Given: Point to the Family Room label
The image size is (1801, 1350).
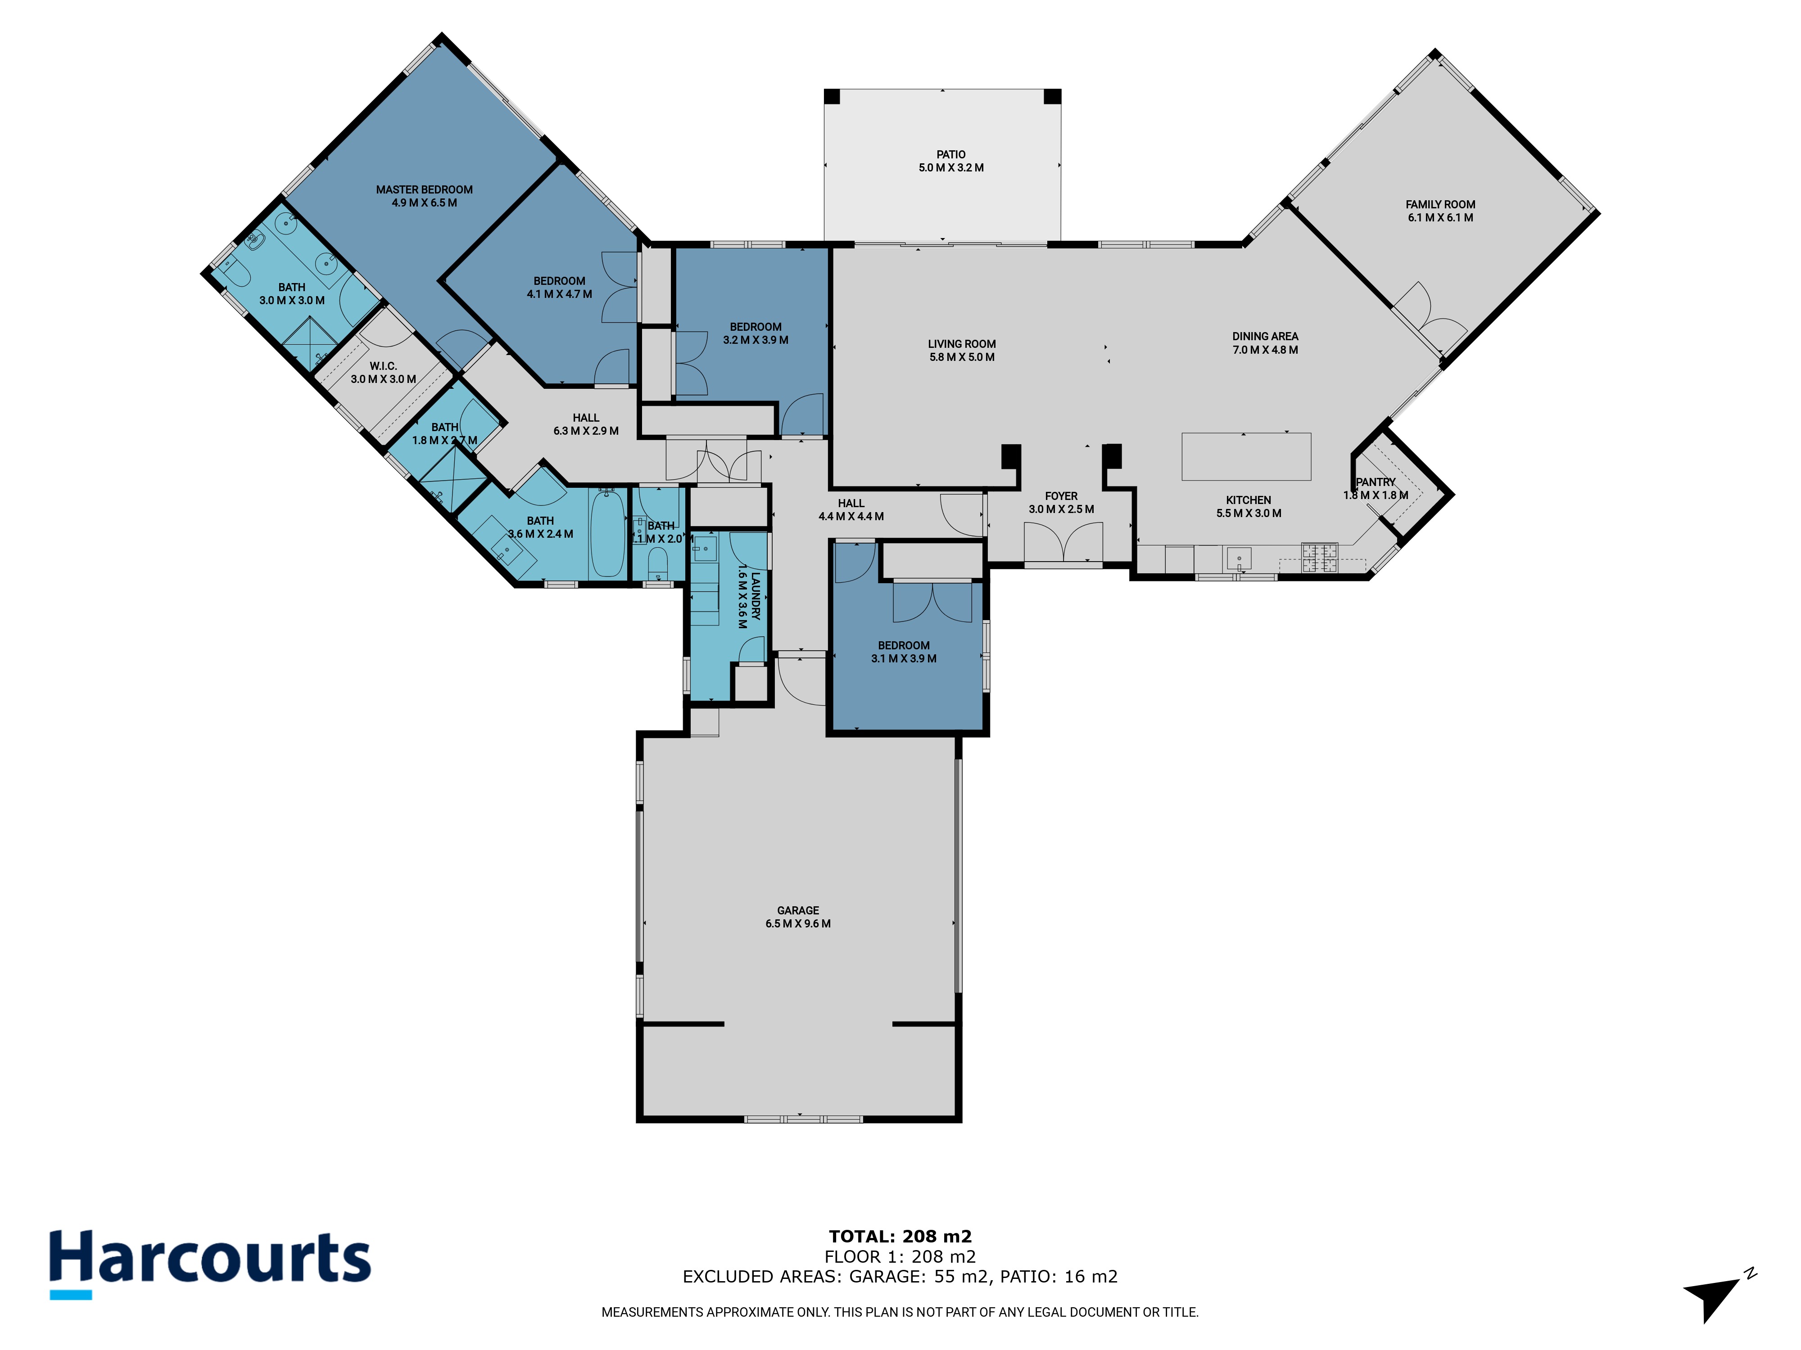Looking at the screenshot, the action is pyautogui.click(x=1440, y=211).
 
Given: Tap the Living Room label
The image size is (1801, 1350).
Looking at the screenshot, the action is pyautogui.click(x=962, y=351).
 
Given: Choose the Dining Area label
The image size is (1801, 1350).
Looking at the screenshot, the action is pyautogui.click(x=1265, y=342).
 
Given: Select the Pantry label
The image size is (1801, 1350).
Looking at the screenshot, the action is pyautogui.click(x=1376, y=488).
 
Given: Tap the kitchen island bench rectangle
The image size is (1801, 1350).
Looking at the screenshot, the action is pyautogui.click(x=1247, y=456).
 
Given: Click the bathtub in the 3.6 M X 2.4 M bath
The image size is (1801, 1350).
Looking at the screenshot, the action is pyautogui.click(x=607, y=533).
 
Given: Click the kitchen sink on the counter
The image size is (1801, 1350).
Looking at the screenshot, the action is pyautogui.click(x=1238, y=559).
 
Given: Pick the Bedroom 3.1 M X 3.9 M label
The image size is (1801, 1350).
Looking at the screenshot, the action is pyautogui.click(x=904, y=652).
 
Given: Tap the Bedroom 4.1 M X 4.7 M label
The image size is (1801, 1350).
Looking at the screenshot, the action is pyautogui.click(x=559, y=287).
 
